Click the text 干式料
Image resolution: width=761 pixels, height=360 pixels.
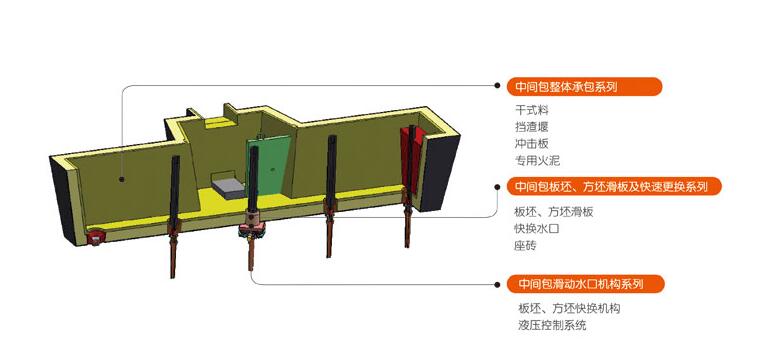point(532,110)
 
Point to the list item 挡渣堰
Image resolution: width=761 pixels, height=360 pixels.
point(532,126)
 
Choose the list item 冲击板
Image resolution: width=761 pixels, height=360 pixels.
point(532,142)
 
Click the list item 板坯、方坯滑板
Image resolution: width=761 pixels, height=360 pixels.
point(554,211)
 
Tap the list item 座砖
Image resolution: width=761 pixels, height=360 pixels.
point(526,245)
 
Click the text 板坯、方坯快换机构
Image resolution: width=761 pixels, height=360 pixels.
point(569,308)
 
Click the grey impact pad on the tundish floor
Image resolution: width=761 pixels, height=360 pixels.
point(228,186)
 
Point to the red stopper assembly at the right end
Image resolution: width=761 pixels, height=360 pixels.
point(411,160)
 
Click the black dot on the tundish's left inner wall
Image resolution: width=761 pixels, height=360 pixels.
point(123,181)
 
